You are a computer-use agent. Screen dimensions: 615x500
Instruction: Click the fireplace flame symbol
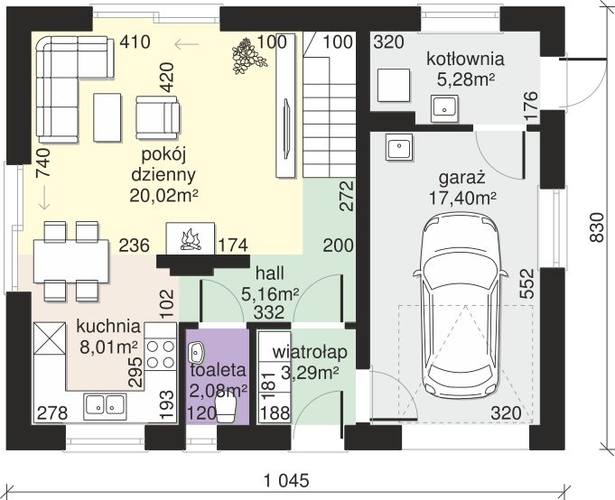pos(191,240)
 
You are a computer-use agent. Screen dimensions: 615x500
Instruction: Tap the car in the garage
pos(460,306)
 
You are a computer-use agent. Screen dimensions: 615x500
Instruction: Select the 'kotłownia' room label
pos(465,60)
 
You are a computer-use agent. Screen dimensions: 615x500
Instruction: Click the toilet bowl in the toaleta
pos(227,408)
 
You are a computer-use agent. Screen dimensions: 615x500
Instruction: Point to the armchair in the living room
pos(158,117)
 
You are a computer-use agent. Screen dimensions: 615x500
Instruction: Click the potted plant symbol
pos(248,56)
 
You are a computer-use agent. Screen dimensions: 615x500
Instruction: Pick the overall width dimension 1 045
pos(286,480)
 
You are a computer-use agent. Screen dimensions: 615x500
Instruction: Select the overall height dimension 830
pos(597,227)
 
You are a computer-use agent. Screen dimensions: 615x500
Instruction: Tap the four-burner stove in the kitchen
pos(160,354)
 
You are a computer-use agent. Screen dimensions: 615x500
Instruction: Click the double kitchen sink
pos(105,404)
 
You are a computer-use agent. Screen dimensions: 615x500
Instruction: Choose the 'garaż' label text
pos(462,179)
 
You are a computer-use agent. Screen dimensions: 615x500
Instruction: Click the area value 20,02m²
pos(163,195)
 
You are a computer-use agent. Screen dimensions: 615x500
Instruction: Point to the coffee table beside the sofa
pos(107,117)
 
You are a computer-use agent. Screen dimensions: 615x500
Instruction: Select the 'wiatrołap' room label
pos(310,352)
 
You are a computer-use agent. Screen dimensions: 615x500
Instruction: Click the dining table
pos(71,261)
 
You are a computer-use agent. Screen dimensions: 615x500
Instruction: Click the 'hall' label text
pos(270,273)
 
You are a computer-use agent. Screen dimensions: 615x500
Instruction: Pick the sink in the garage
pos(399,147)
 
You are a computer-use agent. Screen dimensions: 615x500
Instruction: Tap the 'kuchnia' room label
pos(108,326)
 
